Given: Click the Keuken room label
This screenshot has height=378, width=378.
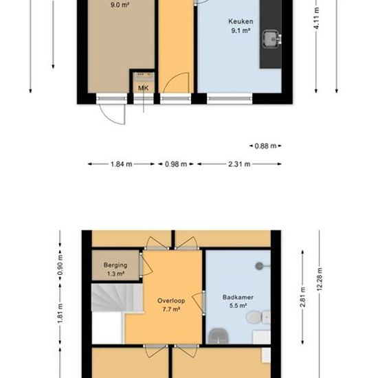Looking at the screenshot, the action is pos(241,21).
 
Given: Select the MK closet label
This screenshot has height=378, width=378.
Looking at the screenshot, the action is pos(143,88).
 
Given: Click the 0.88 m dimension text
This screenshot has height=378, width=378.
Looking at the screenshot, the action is pos(265,146).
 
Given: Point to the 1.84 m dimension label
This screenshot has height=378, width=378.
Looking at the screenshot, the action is pos(121,164).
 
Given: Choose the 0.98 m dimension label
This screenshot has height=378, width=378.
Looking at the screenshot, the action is pos(176,164).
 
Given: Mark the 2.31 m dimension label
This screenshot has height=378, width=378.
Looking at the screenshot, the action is pos(239,164).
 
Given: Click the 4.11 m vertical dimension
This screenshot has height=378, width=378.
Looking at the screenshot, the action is pos(317,18).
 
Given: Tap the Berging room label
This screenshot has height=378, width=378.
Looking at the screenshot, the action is pos(115,265).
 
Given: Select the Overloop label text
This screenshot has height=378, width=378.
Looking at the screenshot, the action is pos(171,300).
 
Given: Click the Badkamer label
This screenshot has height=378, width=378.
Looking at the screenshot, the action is pos(238,297).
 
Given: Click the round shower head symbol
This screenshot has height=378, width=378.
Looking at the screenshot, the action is pos(259,266).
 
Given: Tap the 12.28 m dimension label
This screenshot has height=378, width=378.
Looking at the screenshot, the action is pos(320,279).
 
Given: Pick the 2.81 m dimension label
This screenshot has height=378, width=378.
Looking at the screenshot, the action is pos(302,297).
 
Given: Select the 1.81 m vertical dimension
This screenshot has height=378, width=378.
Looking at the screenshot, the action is pos(60,313).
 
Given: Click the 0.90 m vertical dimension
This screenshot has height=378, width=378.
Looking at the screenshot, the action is pos(60,265).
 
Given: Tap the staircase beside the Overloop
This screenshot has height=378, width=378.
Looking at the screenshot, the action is pos(118,298).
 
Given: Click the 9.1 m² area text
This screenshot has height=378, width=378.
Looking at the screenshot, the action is pos(240,31).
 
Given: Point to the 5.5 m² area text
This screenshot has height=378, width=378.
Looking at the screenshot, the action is pos(238,306).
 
